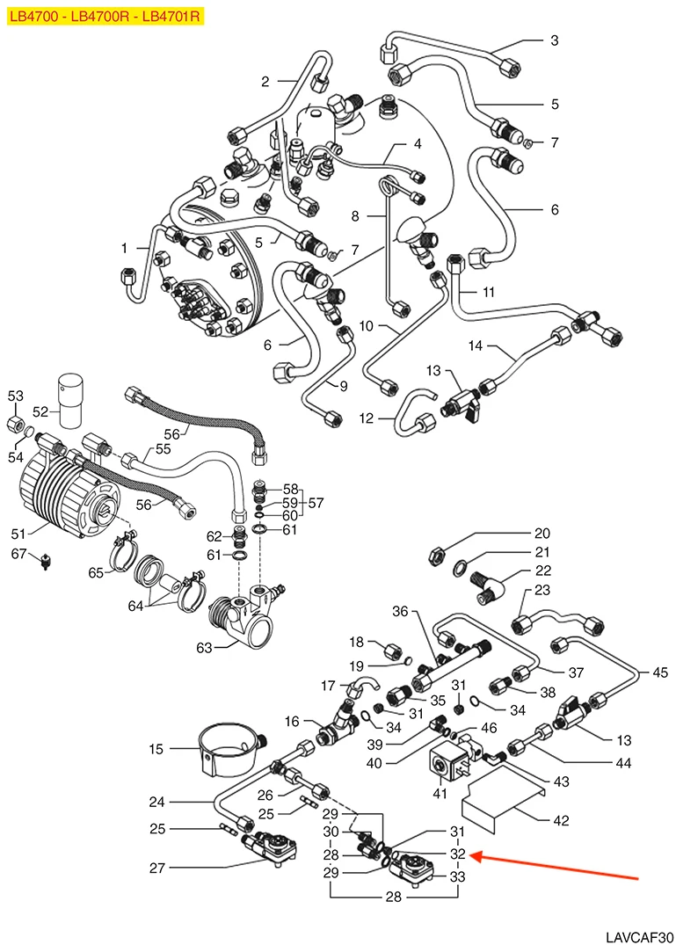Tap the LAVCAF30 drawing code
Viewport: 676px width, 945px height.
tap(639, 937)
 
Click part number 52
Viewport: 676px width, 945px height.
tap(40, 411)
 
